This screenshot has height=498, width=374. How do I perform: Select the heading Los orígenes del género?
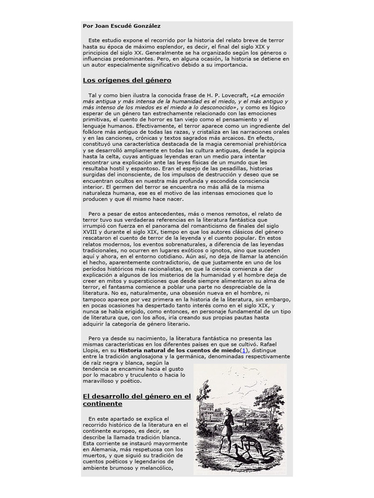(x=127, y=80)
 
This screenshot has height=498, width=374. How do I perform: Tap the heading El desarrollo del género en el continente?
(x=136, y=400)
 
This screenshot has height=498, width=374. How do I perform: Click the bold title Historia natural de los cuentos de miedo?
(x=179, y=351)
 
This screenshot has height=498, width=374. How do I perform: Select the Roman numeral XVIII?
(x=92, y=232)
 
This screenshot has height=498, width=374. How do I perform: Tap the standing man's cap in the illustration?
(x=228, y=409)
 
